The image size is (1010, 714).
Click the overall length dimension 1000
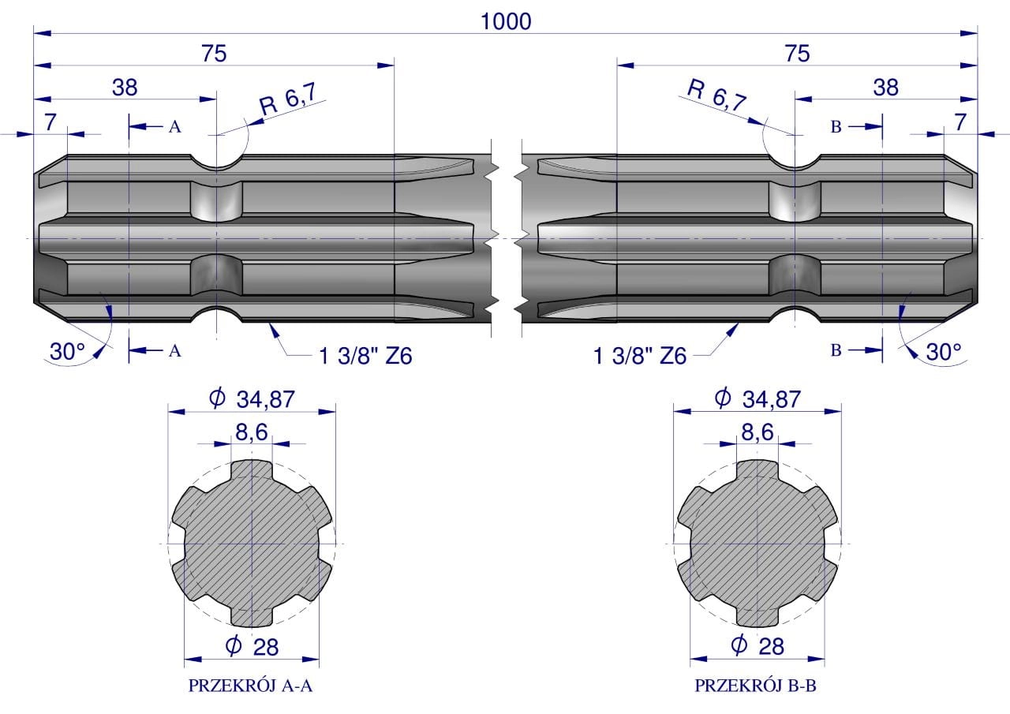[x=506, y=21]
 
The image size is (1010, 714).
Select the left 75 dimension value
[x=214, y=54]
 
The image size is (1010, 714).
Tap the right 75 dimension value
[x=797, y=54]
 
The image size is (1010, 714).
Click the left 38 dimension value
[x=125, y=88]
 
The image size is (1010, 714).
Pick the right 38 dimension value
[x=885, y=88]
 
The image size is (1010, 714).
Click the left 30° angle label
[x=67, y=352]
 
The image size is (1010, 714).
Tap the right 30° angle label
[x=943, y=352]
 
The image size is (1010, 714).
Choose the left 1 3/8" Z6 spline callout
[x=365, y=356]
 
